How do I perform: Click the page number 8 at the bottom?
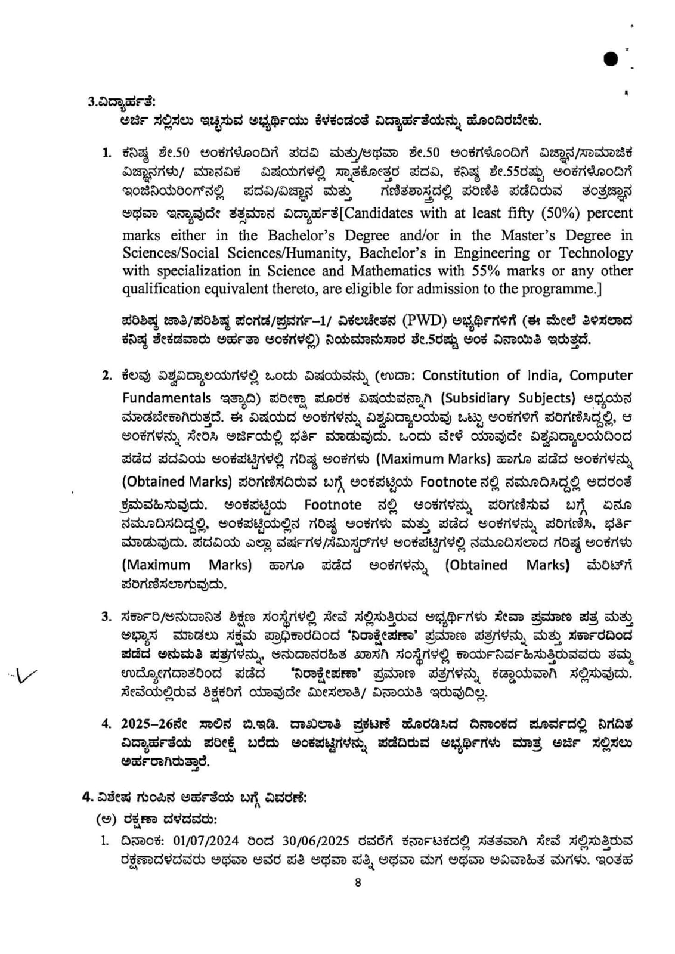(358, 882)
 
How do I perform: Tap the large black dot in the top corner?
(611, 59)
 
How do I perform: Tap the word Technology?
(596, 253)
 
